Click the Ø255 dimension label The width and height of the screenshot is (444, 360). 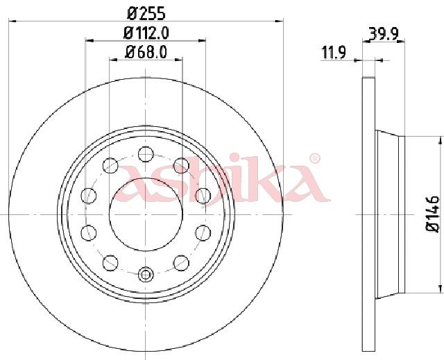pyautogui.click(x=146, y=13)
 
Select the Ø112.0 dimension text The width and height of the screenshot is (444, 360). pyautogui.click(x=146, y=33)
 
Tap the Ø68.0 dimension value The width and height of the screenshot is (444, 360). pyautogui.click(x=146, y=52)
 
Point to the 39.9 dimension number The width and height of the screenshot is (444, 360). pyautogui.click(x=384, y=34)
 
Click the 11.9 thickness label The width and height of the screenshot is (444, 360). pyautogui.click(x=334, y=53)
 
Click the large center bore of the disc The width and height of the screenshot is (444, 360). pyautogui.click(x=146, y=214)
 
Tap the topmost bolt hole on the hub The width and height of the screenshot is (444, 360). pyautogui.click(x=146, y=154)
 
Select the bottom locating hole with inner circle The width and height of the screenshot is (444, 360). pyautogui.click(x=146, y=274)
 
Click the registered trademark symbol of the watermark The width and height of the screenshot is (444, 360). pyautogui.click(x=314, y=159)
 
